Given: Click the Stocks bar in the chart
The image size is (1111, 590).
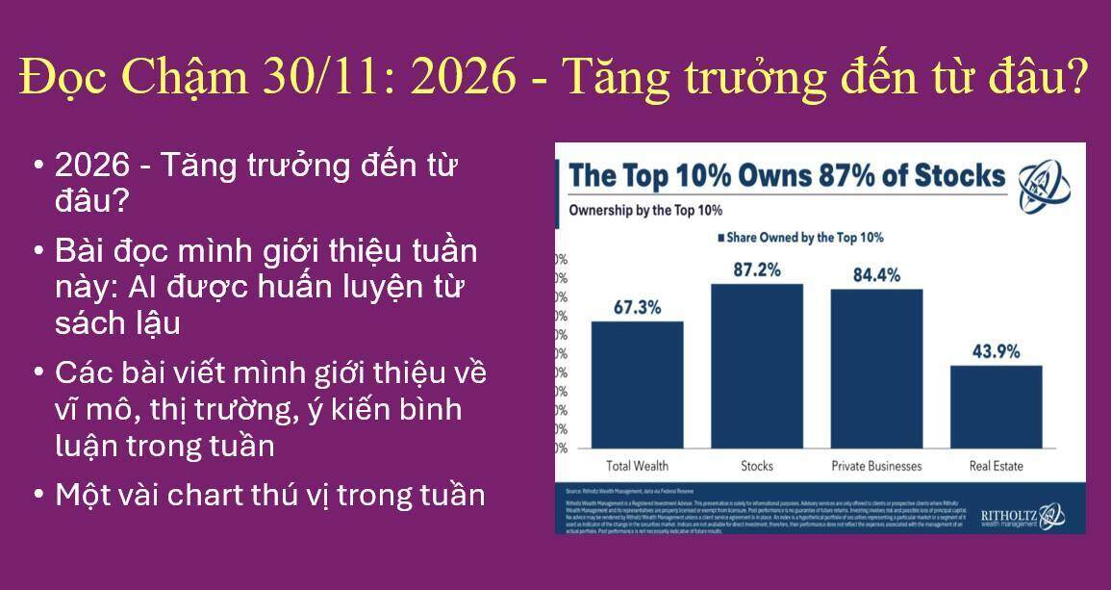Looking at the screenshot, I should [757, 366].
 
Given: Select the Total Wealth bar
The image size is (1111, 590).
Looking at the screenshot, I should [637, 384].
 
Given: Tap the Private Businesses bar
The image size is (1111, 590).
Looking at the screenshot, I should [876, 368].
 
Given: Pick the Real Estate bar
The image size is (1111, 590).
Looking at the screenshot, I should [996, 406].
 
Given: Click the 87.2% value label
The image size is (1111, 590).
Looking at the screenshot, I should [757, 269].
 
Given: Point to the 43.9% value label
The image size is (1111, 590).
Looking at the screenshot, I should [996, 351].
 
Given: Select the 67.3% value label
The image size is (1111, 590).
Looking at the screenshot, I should [637, 307].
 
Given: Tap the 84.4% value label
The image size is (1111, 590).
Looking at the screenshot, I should [876, 275].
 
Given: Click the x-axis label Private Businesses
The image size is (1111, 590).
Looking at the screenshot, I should [876, 466].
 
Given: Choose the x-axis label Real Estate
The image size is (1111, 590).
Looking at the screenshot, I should [996, 466].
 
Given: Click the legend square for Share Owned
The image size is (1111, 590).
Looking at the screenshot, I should [719, 237].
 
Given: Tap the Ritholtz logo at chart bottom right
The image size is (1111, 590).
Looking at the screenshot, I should [1022, 518].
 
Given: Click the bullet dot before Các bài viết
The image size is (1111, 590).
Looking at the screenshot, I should [38, 372].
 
